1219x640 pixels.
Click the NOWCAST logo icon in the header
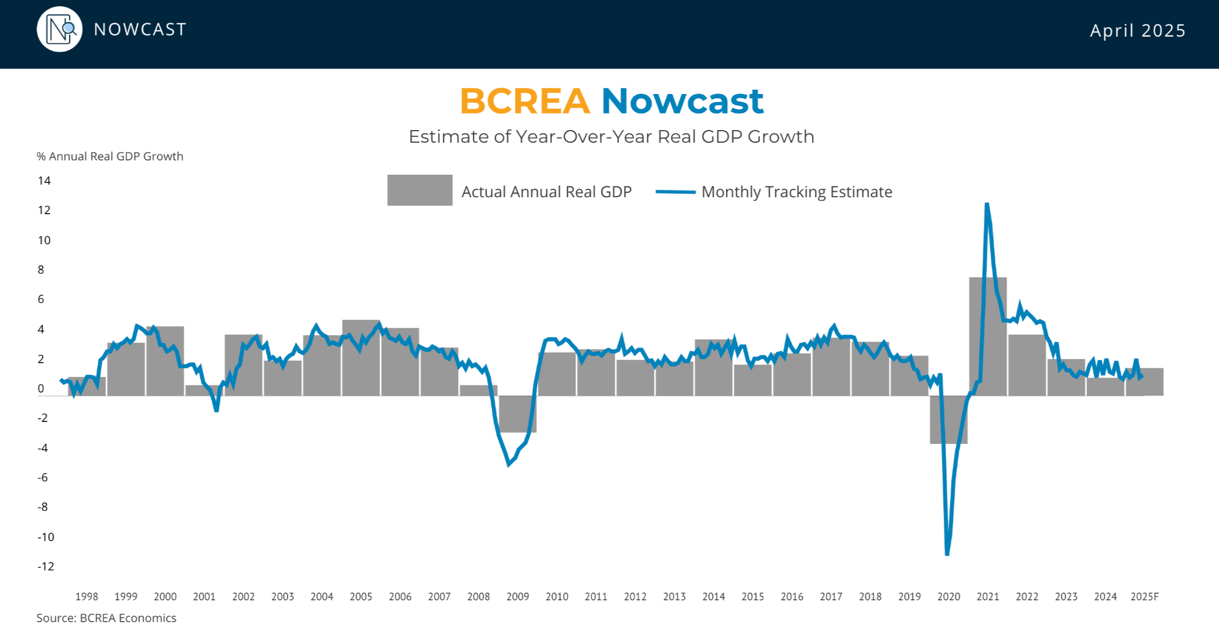(x=59, y=29)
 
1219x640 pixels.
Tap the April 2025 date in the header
(x=1138, y=31)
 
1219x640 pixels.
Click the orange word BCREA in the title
(x=525, y=101)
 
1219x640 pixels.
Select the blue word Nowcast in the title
(x=682, y=101)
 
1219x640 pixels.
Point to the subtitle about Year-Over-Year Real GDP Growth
(x=611, y=136)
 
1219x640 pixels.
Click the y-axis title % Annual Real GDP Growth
(x=110, y=156)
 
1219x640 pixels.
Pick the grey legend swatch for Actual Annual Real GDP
(x=420, y=191)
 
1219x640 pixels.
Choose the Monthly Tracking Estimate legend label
(x=797, y=192)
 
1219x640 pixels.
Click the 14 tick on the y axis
(x=44, y=181)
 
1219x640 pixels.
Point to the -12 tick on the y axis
(x=46, y=566)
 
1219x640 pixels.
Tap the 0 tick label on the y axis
(x=41, y=388)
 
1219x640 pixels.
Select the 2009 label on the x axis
(x=517, y=597)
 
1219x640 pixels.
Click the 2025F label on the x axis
(x=1145, y=597)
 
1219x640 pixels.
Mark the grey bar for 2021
(x=988, y=336)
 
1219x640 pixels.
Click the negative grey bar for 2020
(x=949, y=420)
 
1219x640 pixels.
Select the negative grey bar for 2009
(x=517, y=414)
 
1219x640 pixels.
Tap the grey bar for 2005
(x=361, y=358)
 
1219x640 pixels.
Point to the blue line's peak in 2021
(x=987, y=203)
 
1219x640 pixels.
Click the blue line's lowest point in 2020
(x=947, y=555)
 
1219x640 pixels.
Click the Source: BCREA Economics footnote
(x=106, y=618)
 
